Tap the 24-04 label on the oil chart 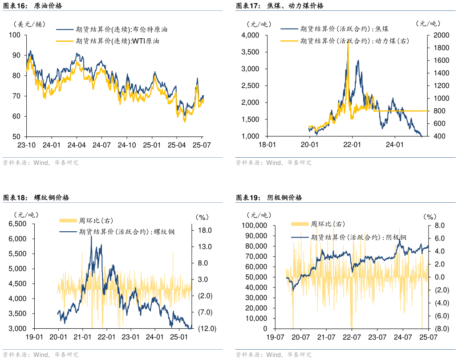pos(77,145)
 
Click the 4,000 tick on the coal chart pos(250,35)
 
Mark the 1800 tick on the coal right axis pos(438,48)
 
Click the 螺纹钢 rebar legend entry pos(127,231)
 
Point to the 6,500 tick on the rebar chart pos(17,224)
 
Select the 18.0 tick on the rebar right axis pos(204,230)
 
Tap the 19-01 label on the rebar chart pos(34,337)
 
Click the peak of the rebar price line pos(91,236)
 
